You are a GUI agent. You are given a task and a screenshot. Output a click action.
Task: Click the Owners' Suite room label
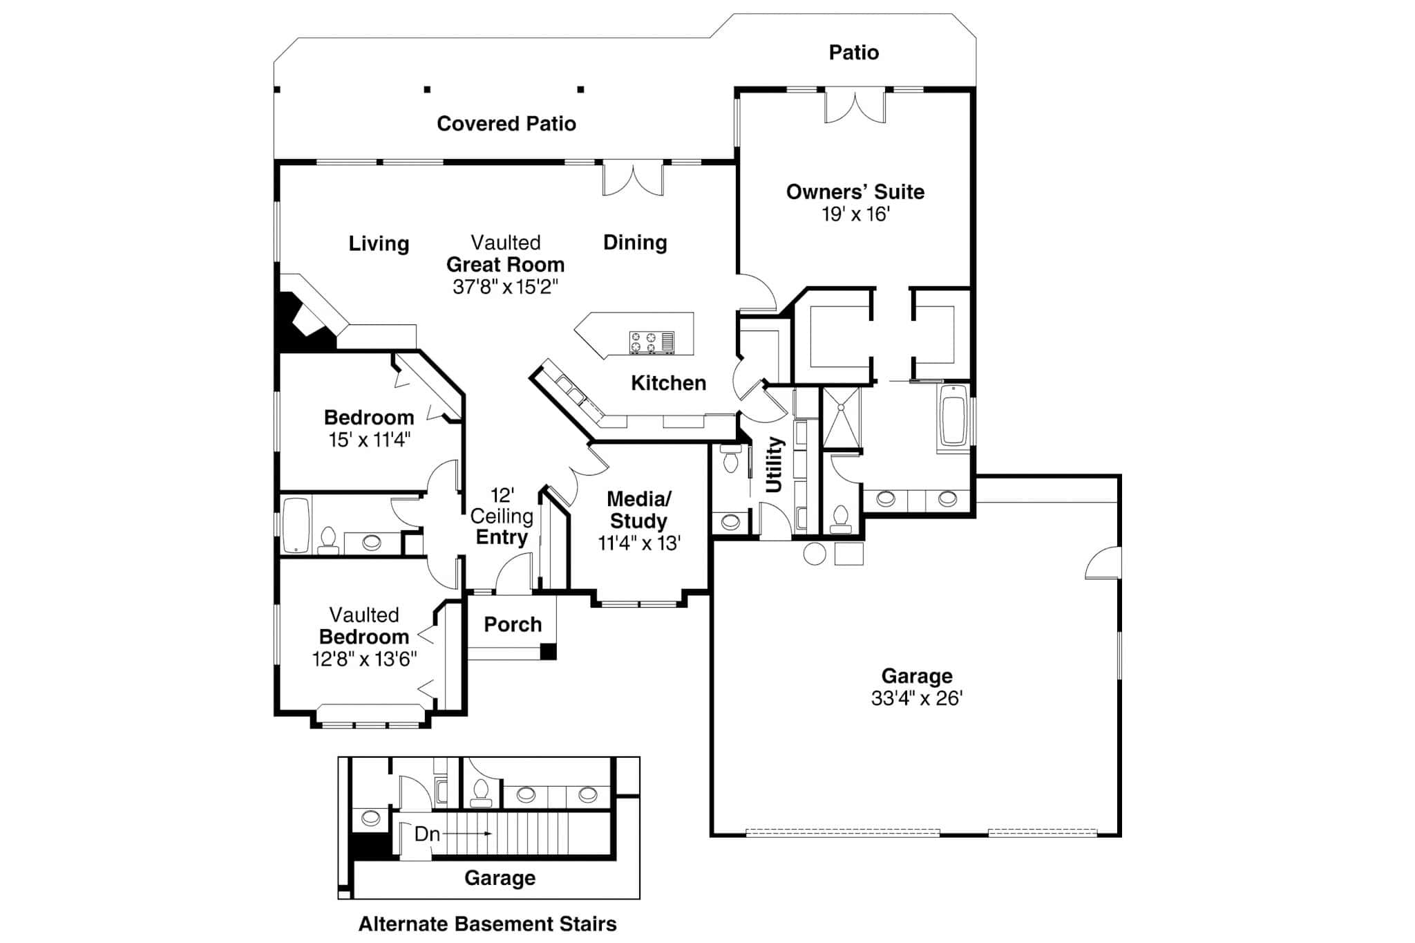click(855, 192)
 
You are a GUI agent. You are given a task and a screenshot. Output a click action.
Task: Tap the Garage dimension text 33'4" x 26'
click(916, 698)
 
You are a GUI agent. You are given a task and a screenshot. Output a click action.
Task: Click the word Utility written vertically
click(774, 464)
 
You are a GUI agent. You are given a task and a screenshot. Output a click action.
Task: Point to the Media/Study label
click(638, 510)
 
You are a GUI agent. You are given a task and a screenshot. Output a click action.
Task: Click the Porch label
click(512, 624)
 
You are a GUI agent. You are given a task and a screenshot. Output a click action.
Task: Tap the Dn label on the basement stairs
click(427, 834)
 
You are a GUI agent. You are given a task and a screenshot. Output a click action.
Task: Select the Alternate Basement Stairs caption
click(487, 924)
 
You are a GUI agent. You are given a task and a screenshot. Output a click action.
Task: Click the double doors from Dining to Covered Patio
click(633, 178)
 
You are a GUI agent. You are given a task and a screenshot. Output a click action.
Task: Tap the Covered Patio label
click(506, 124)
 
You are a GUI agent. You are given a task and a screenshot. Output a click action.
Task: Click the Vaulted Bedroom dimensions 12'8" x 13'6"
click(364, 659)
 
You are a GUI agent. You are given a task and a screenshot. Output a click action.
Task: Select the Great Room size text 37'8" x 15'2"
click(505, 287)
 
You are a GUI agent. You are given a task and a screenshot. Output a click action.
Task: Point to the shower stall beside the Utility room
click(841, 418)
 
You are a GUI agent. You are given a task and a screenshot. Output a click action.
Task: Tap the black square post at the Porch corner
click(548, 651)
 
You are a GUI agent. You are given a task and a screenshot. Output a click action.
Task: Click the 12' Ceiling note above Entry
click(502, 505)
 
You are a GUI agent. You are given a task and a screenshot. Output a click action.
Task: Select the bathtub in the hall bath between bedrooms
click(296, 524)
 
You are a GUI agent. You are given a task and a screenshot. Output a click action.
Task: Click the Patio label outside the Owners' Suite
click(853, 53)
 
